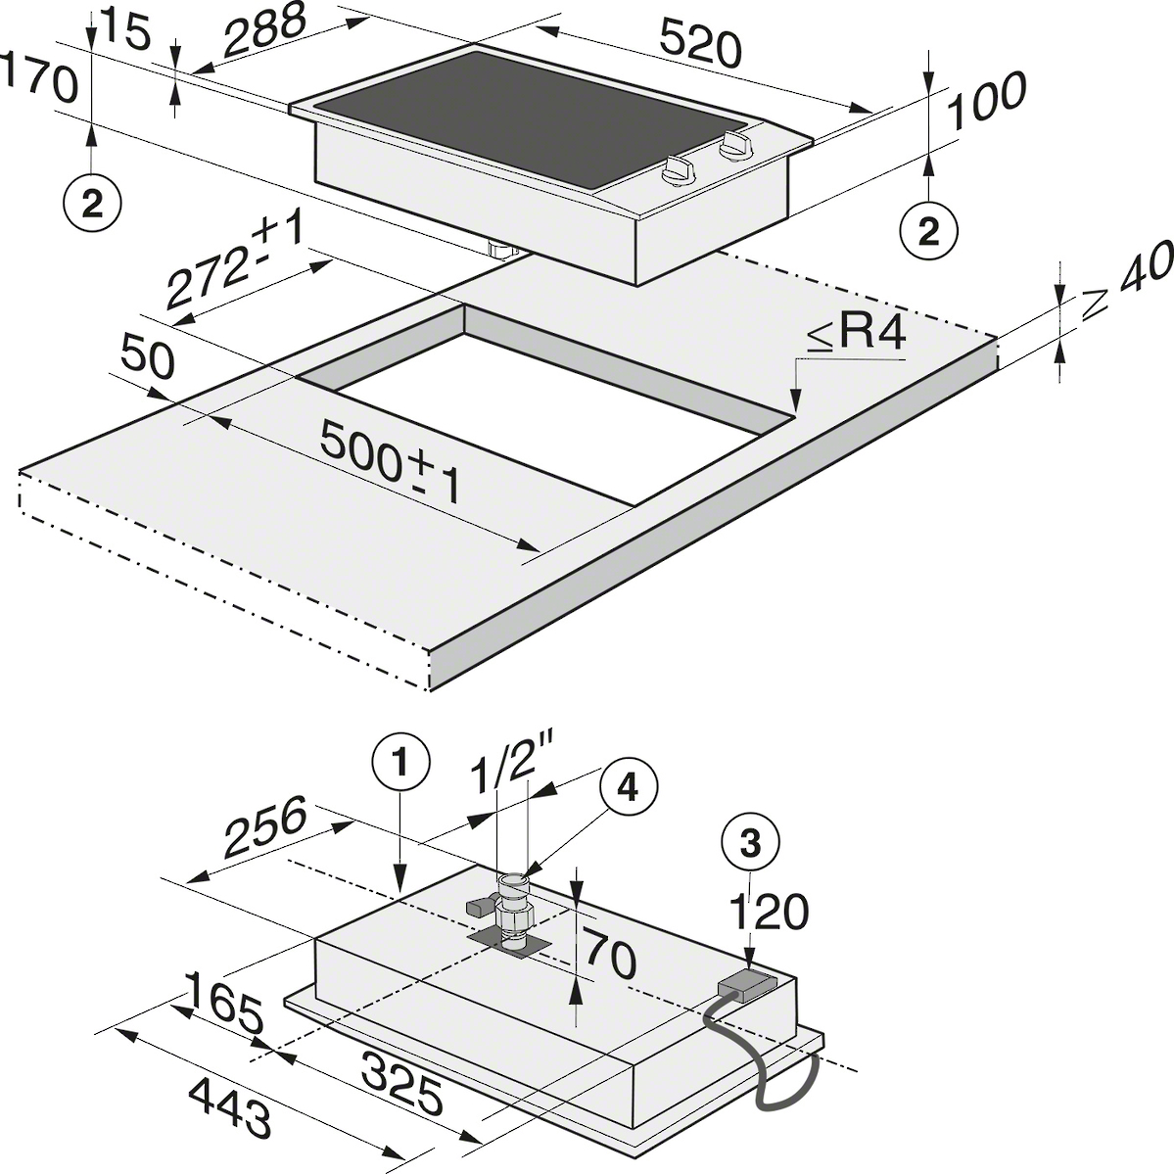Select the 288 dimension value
click(x=264, y=30)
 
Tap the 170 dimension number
click(x=39, y=78)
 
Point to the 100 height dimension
click(x=986, y=100)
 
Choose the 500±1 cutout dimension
click(x=391, y=463)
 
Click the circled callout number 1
click(x=401, y=764)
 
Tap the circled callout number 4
click(x=629, y=787)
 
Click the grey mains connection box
click(x=746, y=985)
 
